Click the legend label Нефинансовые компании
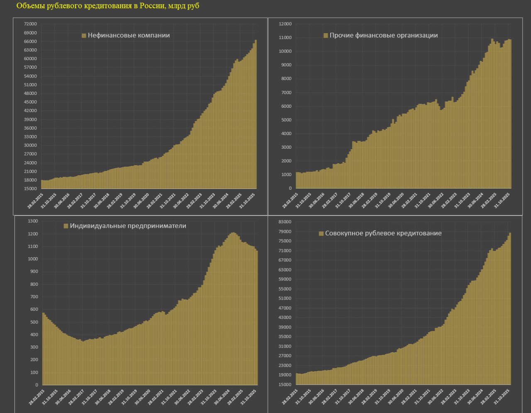pos(129,36)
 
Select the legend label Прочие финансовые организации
pos(383,36)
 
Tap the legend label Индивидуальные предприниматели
pos(128,226)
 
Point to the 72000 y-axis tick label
pos(31,24)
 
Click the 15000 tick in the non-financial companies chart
pos(31,189)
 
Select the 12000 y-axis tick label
pos(285,24)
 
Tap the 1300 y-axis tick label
pos(32,221)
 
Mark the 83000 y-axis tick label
pos(285,222)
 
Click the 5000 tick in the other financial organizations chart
pos(286,120)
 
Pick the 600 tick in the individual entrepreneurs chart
pos(34,309)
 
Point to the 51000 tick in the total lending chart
pos(285,299)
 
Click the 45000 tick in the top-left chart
pos(31,102)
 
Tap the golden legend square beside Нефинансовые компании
pos(84,36)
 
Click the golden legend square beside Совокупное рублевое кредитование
pos(321,234)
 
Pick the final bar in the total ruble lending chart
pos(510,309)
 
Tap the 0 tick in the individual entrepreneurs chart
pos(37,385)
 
